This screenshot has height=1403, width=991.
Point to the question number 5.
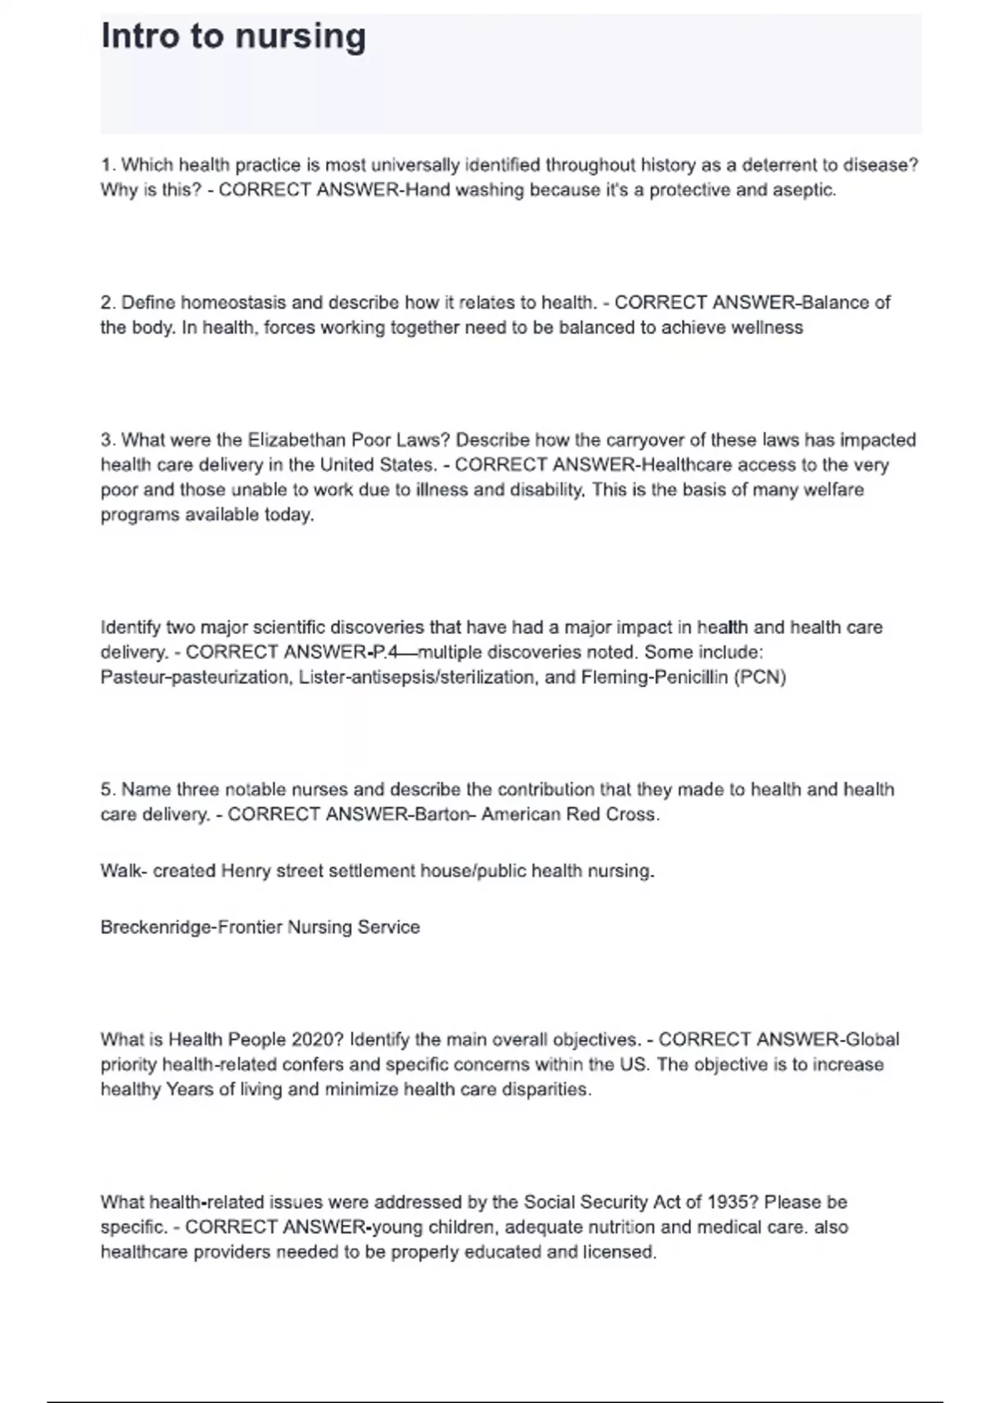(108, 790)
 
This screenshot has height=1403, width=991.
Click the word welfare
(833, 490)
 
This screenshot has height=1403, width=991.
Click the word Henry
(245, 872)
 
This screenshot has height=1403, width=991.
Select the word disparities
(548, 1089)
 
